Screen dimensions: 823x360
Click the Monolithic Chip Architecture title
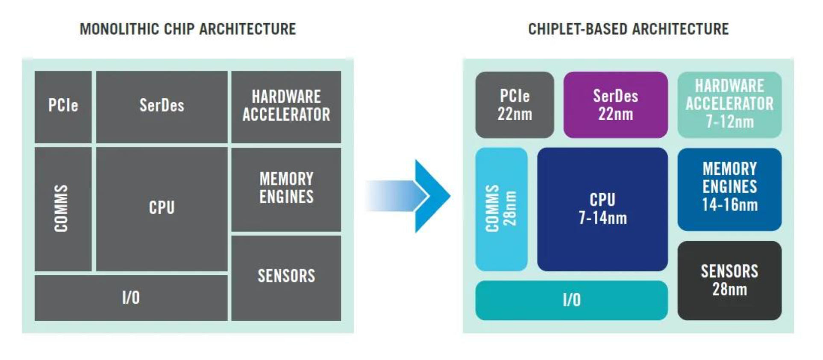[x=188, y=29]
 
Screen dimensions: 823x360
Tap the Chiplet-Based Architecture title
[x=628, y=29]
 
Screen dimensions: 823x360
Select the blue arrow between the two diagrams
[x=408, y=196]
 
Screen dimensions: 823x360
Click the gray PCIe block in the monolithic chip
[x=63, y=107]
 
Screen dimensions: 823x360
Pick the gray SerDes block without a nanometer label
[x=162, y=107]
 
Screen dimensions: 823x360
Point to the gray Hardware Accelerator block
[x=286, y=107]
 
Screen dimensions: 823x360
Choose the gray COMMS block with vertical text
[x=63, y=209]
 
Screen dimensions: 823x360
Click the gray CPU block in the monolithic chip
[x=162, y=209]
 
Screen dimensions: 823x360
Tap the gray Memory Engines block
[x=286, y=189]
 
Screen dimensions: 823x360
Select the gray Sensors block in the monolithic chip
[x=286, y=278]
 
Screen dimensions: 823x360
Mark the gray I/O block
[x=131, y=298]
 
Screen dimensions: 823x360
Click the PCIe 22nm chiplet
[x=514, y=105]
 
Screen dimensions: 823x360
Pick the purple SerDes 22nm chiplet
[x=615, y=105]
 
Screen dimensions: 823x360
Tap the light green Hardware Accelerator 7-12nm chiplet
[x=729, y=105]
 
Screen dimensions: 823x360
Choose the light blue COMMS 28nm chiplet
[x=501, y=209]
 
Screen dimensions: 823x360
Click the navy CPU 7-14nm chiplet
[x=603, y=209]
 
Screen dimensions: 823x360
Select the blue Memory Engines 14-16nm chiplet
[x=729, y=189]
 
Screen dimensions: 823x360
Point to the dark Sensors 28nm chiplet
[x=729, y=280]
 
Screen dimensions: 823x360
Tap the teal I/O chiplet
[x=571, y=301]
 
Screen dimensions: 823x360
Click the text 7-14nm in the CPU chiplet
[x=603, y=218]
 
